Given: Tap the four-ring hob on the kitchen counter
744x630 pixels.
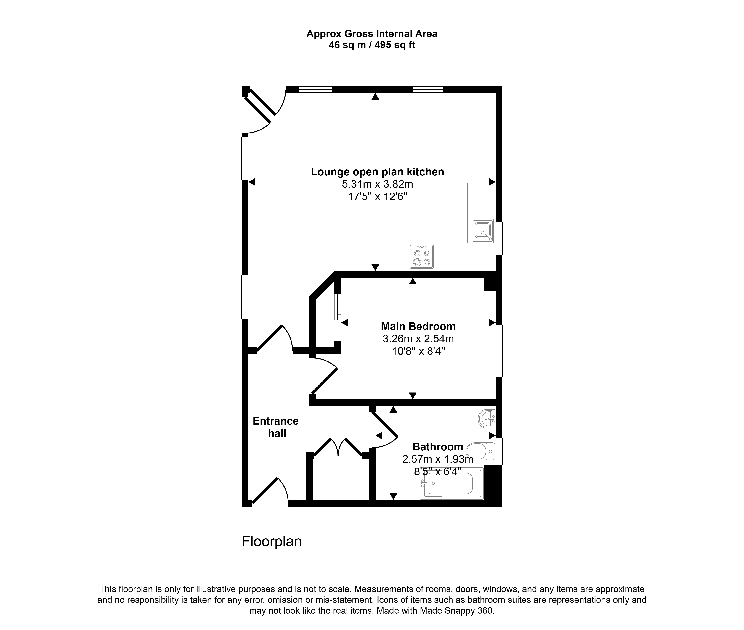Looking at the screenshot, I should [422, 257].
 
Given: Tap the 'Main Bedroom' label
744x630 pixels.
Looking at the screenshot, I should [418, 326].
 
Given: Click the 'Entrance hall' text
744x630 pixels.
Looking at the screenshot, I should [275, 427].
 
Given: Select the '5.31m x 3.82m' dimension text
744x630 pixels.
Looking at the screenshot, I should [377, 184].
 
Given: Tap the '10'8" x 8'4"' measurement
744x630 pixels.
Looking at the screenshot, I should [418, 351].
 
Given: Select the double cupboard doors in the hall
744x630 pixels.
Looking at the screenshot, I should [338, 447].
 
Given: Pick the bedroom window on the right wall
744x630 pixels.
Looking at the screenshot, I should [499, 351].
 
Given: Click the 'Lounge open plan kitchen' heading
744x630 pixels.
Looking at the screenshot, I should [377, 172].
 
